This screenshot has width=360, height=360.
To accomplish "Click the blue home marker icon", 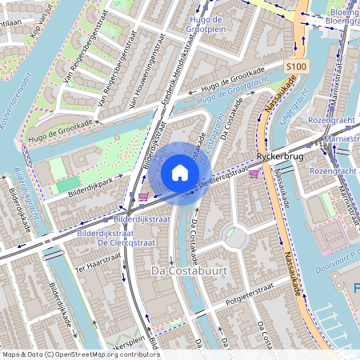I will click(x=180, y=173).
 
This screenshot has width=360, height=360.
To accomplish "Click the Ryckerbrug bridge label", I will click(x=280, y=158).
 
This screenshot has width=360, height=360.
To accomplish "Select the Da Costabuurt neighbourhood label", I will click(x=189, y=272).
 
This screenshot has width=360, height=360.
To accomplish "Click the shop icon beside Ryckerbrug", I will click(x=254, y=173).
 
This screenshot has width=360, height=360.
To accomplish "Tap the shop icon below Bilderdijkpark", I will click(x=142, y=197).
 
